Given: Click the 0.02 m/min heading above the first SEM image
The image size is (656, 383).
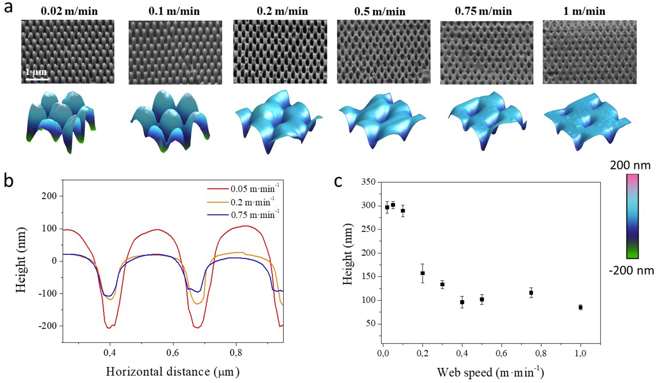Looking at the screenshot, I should pos(69,11).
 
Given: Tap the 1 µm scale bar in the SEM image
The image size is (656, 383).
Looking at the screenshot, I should pos(37,75).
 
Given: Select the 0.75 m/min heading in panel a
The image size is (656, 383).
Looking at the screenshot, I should pos(483,11).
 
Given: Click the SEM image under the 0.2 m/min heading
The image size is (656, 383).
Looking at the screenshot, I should pos(280,51).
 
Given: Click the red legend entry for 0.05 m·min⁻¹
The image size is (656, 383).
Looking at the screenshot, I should pos(243,189).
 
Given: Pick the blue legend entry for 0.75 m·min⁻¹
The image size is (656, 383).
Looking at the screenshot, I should pos(243,215).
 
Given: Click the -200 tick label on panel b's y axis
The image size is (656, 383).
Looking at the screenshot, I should pos(48,326).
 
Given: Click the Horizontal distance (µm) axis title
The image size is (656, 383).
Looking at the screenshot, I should pos(173,372).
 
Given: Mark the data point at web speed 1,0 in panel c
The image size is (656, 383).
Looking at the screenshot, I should pos(580,307).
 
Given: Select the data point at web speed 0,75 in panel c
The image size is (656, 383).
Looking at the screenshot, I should pos(531,292).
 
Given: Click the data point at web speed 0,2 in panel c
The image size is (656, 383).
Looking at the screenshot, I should pos(423,273).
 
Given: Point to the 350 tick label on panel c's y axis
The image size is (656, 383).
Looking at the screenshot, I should pos(368,182).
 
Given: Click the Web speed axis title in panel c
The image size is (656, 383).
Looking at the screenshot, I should pos(490,372).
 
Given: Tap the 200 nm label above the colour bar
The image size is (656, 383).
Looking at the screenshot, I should pos(630,165).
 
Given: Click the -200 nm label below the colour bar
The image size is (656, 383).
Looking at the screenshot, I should pos(631,271).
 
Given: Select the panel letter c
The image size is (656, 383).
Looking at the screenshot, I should pos(338,181).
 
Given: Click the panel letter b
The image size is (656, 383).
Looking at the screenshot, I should pos(8,181).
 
